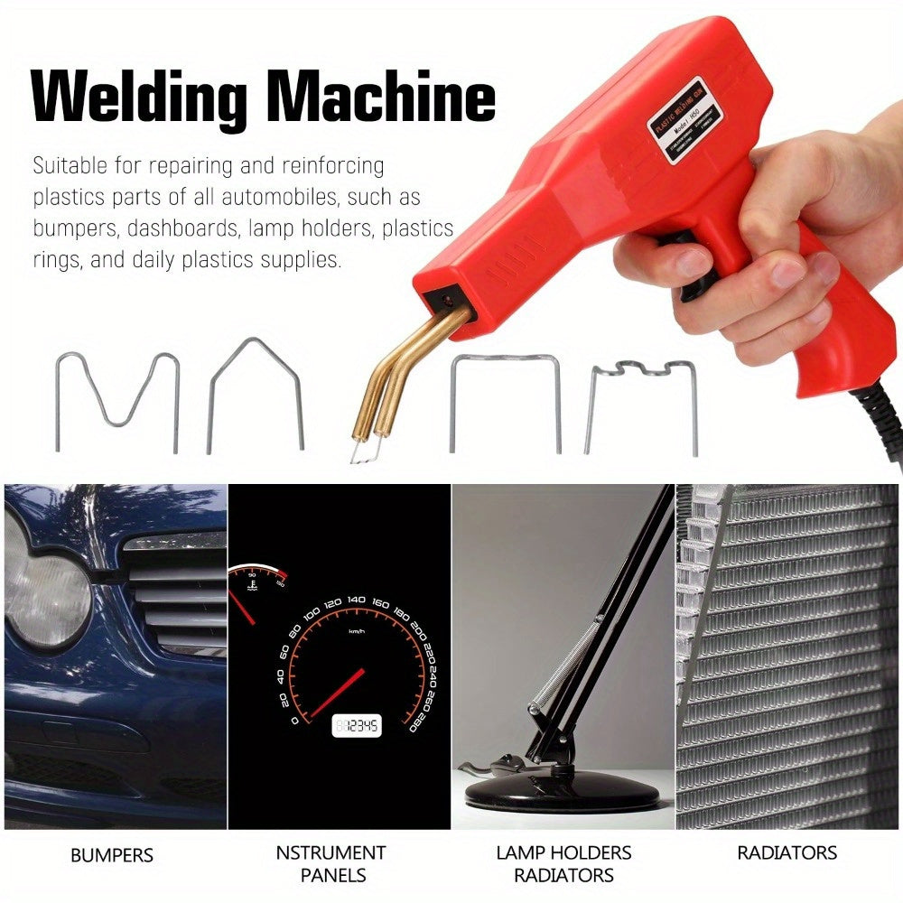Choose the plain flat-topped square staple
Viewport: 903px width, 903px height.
click(506, 402)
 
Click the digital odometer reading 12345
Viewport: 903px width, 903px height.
click(357, 725)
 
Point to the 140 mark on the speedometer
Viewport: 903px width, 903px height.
click(356, 600)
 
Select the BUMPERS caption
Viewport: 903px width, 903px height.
click(112, 854)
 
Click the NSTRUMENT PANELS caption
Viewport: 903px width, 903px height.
click(330, 863)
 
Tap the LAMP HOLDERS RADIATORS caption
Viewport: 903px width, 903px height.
click(563, 863)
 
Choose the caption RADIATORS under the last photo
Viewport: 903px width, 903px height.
click(787, 852)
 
